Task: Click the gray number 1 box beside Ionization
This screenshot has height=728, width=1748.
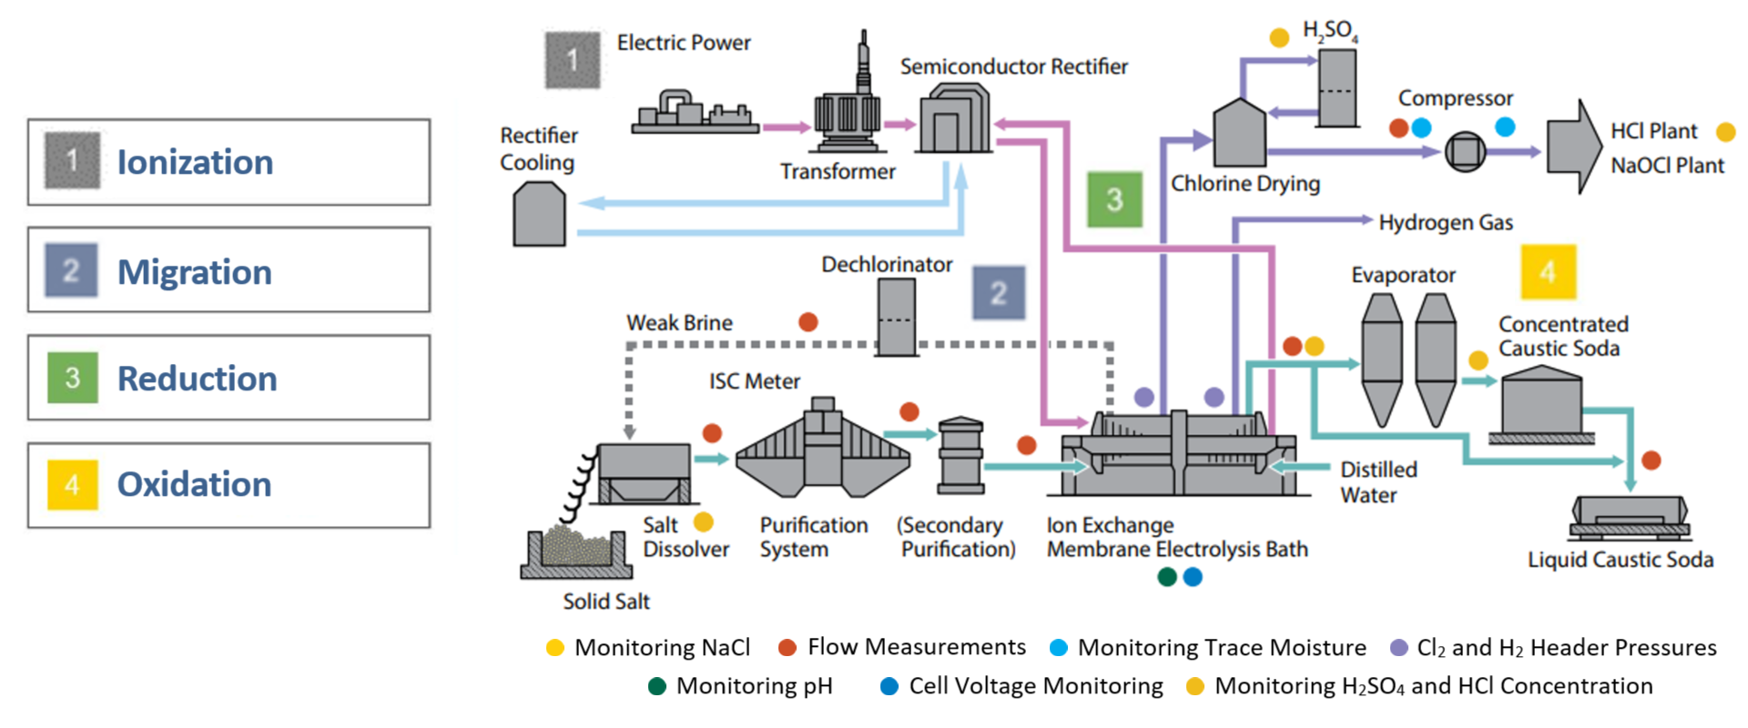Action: coord(72,161)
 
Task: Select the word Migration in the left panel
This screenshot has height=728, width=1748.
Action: coord(195,272)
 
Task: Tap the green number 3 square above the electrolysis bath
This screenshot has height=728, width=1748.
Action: coord(1114,199)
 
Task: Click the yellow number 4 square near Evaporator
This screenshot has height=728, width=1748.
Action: coord(1548,271)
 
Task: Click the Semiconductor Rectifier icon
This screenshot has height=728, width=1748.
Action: coord(954,118)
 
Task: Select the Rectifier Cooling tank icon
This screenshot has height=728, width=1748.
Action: coord(539,215)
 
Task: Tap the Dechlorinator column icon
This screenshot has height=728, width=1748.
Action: coord(897,317)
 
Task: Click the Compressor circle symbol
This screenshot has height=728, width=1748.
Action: coord(1465,151)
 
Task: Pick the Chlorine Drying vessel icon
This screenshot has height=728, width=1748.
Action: coord(1239,135)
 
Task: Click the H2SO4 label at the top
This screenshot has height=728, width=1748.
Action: coord(1330,31)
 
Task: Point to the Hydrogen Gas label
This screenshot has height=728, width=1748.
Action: coord(1446,223)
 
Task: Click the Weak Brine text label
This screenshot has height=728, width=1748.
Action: coord(679,323)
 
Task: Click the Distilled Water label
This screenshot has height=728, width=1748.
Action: coord(1378,482)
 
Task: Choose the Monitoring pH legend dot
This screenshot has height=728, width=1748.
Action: coord(657,686)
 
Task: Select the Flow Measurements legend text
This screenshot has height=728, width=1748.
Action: coord(916,647)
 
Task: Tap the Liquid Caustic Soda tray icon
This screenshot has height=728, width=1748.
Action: coord(1629,515)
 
